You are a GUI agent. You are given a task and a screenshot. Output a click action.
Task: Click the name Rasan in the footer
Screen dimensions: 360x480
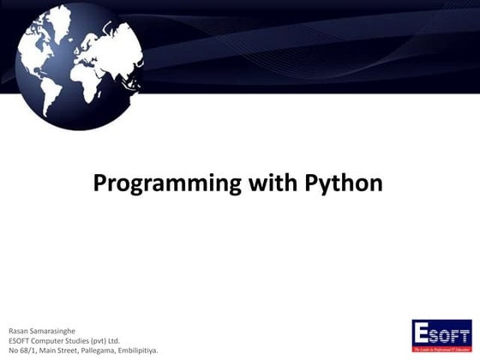point(18,330)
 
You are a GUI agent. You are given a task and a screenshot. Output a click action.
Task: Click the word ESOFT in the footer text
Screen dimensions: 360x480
point(18,340)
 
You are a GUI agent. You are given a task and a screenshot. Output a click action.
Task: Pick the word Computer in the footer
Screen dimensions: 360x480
point(53,340)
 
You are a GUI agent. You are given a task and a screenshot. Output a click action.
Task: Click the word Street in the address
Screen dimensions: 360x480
point(68,351)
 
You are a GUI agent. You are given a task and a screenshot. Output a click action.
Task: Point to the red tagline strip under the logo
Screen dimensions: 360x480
point(441,350)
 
